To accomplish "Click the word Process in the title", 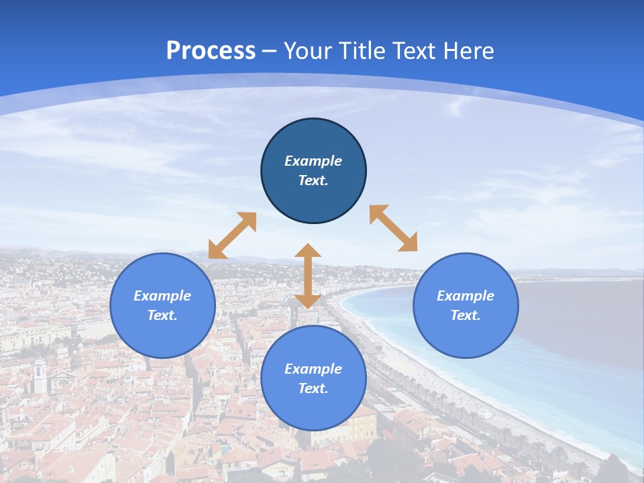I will tap(211, 51).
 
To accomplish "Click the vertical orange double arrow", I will tap(308, 276).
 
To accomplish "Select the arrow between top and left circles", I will tap(232, 235).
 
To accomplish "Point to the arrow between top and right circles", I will tap(394, 228).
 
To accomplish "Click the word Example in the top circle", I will tap(313, 161).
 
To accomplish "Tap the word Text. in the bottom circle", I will tap(313, 388).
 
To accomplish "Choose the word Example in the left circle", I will tap(162, 296).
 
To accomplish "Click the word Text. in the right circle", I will tap(466, 315).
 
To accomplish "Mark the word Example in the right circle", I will tap(466, 296).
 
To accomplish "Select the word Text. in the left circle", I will tap(162, 315).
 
